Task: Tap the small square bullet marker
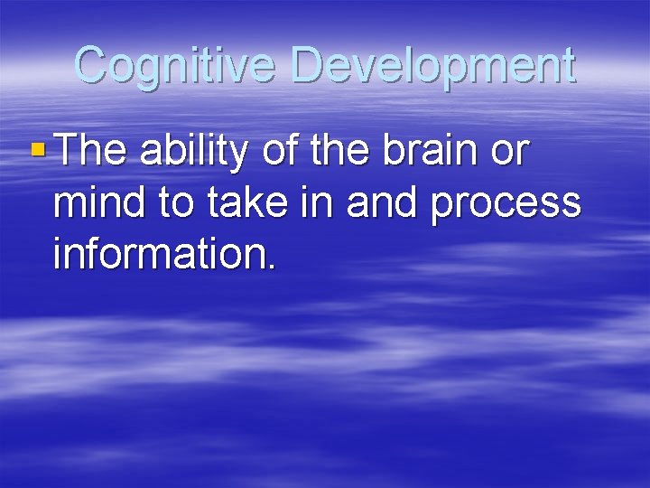tap(35, 152)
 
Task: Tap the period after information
tap(268, 267)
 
